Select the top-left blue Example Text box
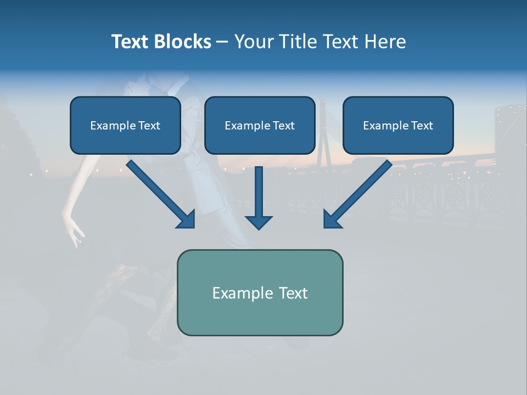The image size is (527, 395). [125, 126]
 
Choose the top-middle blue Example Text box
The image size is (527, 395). [260, 126]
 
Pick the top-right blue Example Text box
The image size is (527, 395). [398, 126]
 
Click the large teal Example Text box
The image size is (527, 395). [260, 292]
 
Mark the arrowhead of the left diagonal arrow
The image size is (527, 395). [187, 219]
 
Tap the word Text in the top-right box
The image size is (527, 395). [422, 126]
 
